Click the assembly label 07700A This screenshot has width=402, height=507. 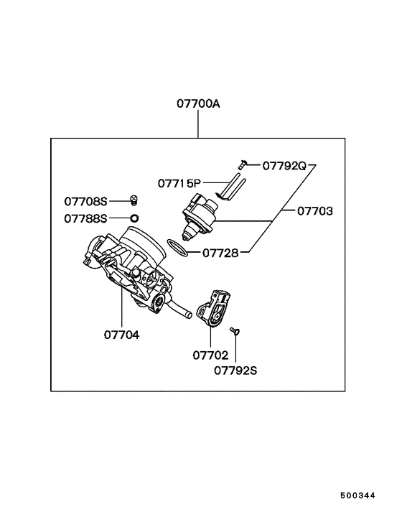(x=198, y=103)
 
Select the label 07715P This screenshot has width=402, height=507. (x=180, y=182)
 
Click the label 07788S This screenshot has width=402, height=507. (x=85, y=218)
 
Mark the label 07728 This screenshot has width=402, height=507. (x=220, y=253)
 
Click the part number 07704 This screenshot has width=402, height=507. (x=121, y=334)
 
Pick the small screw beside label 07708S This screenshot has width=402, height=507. (x=134, y=199)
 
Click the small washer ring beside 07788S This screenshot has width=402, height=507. (x=134, y=217)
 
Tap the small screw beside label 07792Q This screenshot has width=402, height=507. (x=243, y=164)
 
